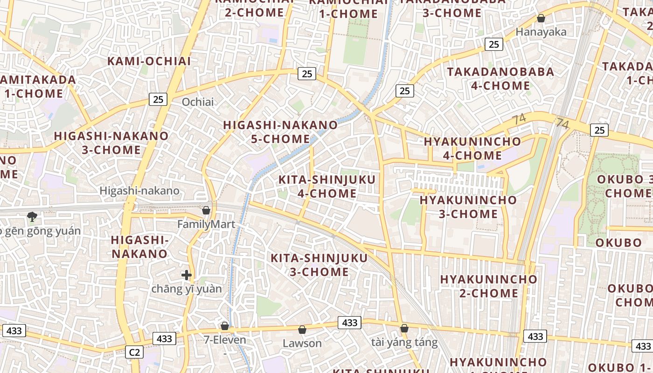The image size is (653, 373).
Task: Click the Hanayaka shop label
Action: pyautogui.click(x=541, y=32)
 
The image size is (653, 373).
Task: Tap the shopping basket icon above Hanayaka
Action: pyautogui.click(x=541, y=19)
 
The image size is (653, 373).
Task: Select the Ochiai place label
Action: pyautogui.click(x=198, y=102)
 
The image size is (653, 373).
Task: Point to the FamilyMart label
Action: pyautogui.click(x=206, y=225)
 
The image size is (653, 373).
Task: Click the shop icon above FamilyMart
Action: pyautogui.click(x=206, y=211)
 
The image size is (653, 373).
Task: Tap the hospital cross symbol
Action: pyautogui.click(x=187, y=275)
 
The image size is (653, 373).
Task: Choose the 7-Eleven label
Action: pyautogui.click(x=225, y=340)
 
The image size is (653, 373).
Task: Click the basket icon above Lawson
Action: pyautogui.click(x=302, y=330)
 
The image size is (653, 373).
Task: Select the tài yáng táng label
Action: pyautogui.click(x=404, y=343)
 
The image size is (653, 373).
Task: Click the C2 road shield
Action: pyautogui.click(x=134, y=352)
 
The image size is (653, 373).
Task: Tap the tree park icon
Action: pyautogui.click(x=32, y=216)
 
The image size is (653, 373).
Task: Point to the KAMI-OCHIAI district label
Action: pyautogui.click(x=149, y=61)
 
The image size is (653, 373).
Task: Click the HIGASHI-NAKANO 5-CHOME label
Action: pyautogui.click(x=280, y=132)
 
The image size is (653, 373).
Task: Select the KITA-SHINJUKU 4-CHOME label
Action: pyautogui.click(x=326, y=186)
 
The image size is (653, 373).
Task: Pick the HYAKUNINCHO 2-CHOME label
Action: pyautogui.click(x=488, y=286)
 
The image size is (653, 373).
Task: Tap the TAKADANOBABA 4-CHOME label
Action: pyautogui.click(x=500, y=79)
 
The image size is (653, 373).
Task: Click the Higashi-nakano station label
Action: pyautogui.click(x=139, y=191)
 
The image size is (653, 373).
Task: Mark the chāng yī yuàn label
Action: pyautogui.click(x=187, y=289)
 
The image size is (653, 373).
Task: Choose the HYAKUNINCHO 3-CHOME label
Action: pyautogui.click(x=468, y=207)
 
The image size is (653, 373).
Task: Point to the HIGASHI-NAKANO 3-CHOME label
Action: pyautogui.click(x=111, y=143)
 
